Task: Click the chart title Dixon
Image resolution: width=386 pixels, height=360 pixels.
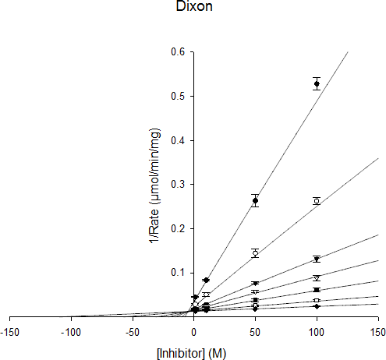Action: (x=194, y=6)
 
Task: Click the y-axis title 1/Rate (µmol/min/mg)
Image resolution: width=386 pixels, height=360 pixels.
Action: (x=154, y=186)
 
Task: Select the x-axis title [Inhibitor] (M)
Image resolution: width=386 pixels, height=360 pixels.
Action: (x=192, y=354)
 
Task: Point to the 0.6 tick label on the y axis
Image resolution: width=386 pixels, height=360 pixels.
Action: (x=178, y=52)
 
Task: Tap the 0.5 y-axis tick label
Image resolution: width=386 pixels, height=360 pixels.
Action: (x=178, y=96)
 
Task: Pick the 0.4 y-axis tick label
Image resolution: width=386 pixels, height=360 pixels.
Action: (x=178, y=140)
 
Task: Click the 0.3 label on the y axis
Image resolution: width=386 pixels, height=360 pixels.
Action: (x=178, y=185)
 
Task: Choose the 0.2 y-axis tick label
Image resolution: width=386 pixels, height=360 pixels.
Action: (x=178, y=228)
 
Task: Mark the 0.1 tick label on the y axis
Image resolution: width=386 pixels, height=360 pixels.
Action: (x=178, y=273)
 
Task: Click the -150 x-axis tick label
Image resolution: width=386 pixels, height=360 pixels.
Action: (x=9, y=333)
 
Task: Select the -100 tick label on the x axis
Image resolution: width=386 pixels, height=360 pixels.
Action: (x=71, y=333)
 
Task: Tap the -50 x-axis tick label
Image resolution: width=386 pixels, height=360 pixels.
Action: (x=133, y=333)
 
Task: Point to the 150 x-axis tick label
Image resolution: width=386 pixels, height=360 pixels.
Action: (x=377, y=333)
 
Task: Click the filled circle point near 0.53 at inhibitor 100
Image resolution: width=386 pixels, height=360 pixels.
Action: (x=317, y=84)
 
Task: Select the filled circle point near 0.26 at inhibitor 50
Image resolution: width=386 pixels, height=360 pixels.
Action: (x=255, y=201)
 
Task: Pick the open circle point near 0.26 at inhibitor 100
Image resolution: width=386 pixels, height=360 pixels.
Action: (x=317, y=201)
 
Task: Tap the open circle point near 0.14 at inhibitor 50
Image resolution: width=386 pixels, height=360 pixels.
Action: (x=255, y=253)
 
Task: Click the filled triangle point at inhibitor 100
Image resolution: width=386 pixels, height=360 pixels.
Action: (x=317, y=259)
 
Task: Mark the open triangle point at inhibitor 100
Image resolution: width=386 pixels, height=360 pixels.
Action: (x=317, y=279)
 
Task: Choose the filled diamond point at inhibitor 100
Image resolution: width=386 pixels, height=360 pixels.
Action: (x=317, y=306)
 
